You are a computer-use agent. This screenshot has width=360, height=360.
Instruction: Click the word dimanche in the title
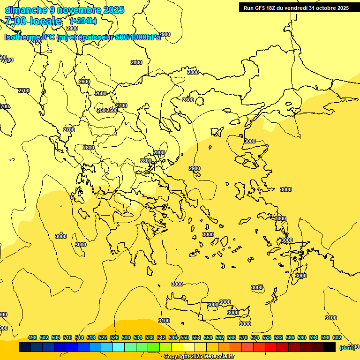26,10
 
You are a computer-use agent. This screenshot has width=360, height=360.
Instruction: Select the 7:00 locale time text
33,21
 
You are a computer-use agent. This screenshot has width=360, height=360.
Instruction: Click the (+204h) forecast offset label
83,21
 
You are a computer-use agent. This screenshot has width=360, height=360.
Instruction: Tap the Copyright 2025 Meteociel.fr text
199,357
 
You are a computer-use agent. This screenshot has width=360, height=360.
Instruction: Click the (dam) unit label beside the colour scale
347,347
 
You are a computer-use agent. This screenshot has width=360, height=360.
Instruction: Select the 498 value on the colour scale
32,337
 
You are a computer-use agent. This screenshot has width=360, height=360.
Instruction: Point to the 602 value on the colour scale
337,337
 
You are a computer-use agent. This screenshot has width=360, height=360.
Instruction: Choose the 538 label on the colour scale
150,337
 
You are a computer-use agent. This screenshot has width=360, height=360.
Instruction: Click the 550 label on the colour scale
185,337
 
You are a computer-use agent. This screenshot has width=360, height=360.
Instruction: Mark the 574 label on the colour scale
255,337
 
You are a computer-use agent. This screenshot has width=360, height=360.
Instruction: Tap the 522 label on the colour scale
103,337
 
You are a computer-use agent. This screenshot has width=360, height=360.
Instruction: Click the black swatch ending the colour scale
329,347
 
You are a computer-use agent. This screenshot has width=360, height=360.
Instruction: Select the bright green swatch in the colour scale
153,347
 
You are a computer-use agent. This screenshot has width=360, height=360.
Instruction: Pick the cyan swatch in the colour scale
118,347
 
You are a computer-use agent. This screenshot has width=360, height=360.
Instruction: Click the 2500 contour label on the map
112,110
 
